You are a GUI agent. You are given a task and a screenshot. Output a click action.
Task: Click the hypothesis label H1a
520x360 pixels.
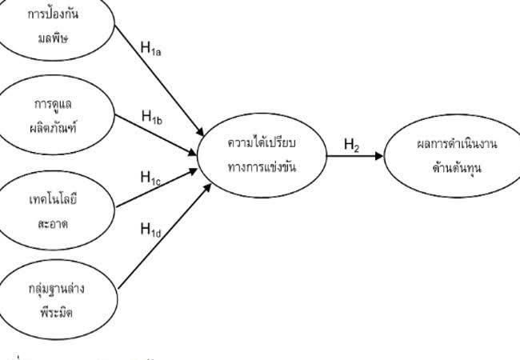[150, 48]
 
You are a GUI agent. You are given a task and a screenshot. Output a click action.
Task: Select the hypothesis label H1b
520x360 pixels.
[152, 118]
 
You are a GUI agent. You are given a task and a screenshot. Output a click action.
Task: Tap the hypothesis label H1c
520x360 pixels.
[150, 177]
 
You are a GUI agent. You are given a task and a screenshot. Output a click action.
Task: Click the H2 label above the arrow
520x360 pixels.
[351, 145]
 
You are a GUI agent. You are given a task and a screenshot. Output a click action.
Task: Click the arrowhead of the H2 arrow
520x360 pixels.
[379, 155]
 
